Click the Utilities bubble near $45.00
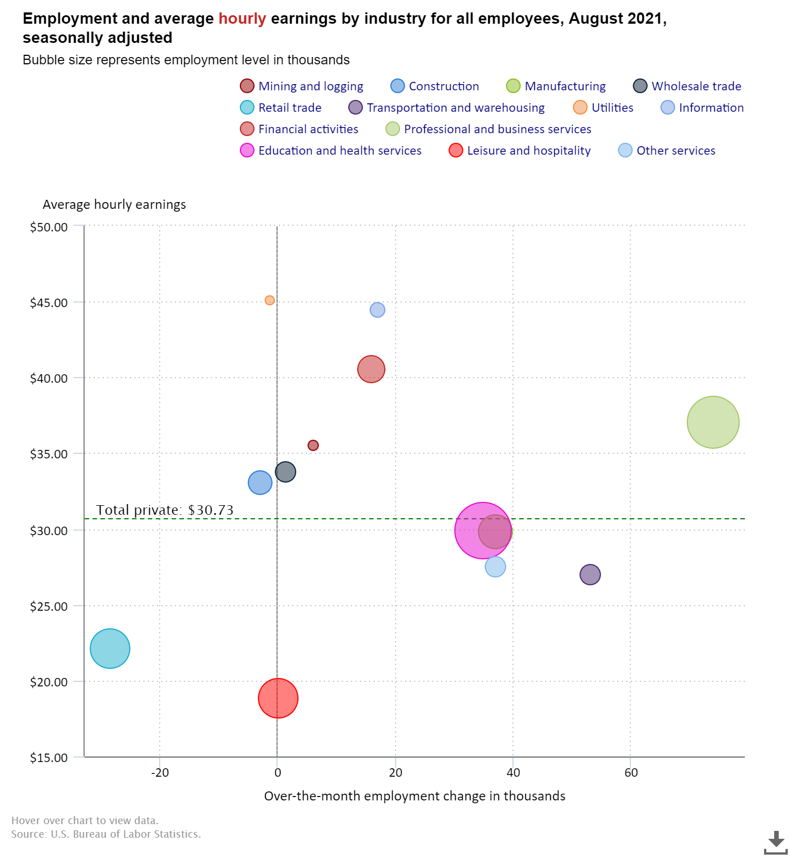270,300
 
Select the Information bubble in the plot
378,310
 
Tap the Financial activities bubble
371,369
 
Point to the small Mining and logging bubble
313,445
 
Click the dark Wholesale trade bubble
286,472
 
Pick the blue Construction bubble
260,483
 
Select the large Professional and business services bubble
713,422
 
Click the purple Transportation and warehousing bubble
590,575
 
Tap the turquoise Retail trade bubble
110,648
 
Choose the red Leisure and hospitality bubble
278,698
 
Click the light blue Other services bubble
495,567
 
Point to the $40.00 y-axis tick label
49,378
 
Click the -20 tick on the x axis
160,773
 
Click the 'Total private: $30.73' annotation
165,510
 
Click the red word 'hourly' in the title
242,19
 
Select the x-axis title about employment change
415,796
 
